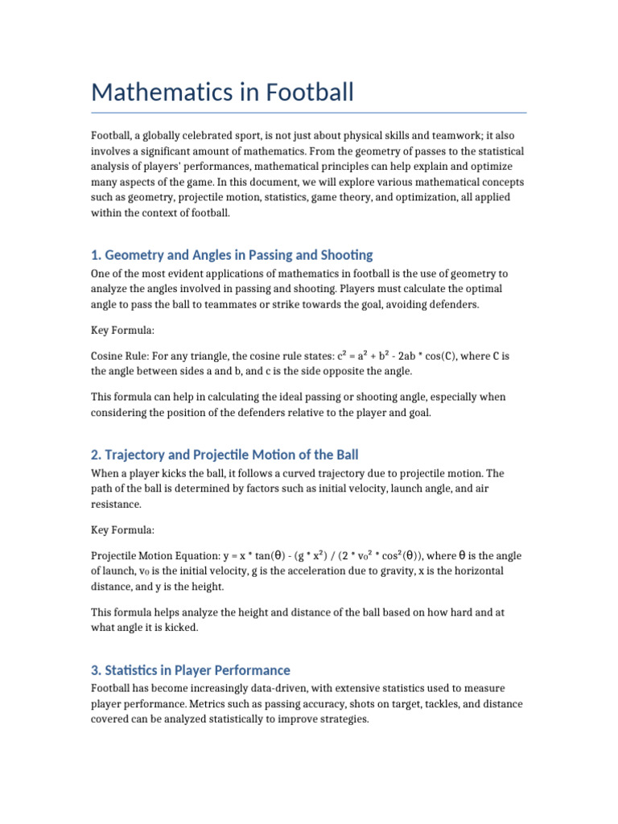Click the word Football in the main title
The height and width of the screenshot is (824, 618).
click(x=306, y=93)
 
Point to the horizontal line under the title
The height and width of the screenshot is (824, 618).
click(x=309, y=113)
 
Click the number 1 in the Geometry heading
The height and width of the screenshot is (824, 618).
click(x=95, y=255)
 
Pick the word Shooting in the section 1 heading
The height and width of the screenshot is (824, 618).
click(x=345, y=255)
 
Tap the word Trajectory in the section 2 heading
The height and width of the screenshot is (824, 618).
click(x=134, y=455)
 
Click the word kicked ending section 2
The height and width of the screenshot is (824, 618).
click(x=178, y=628)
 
